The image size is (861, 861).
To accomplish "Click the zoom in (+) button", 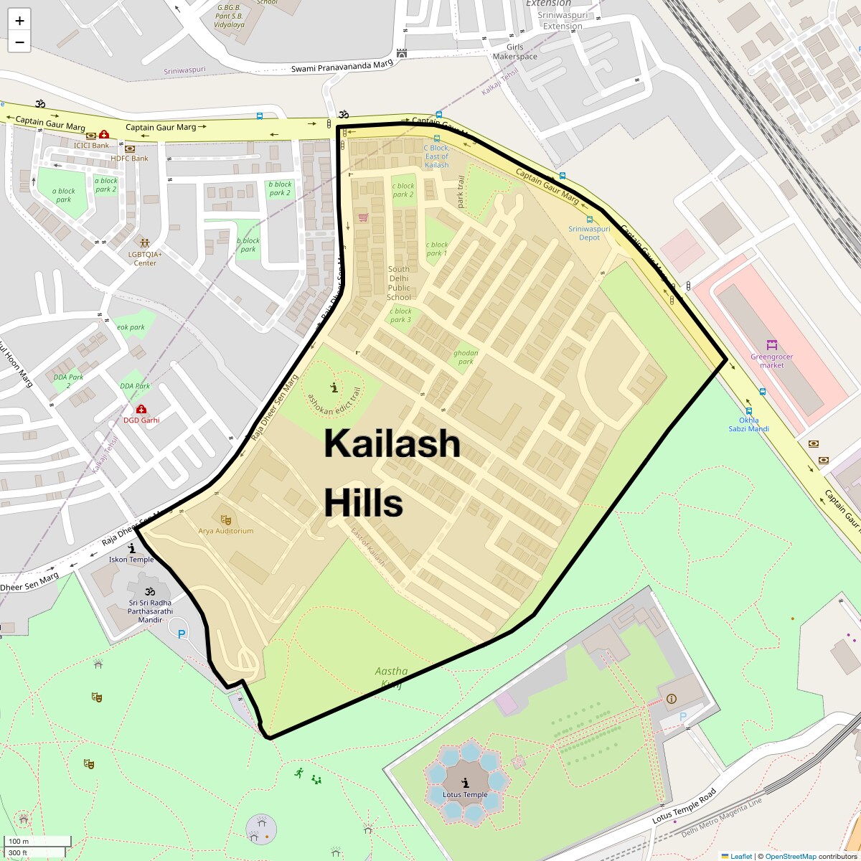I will (19, 21).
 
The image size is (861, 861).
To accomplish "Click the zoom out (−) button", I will (19, 42).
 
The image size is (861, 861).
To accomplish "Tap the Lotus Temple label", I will (465, 794).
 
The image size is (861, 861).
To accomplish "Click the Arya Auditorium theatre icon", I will (226, 519).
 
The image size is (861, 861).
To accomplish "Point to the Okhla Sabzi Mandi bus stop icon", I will (748, 412).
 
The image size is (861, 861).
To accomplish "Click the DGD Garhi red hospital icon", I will (141, 410).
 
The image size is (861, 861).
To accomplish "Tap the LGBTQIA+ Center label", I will (145, 258).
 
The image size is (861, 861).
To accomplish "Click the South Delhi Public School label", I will (399, 283).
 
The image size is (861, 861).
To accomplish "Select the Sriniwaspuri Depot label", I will (589, 233).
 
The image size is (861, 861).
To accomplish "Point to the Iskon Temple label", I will (131, 560).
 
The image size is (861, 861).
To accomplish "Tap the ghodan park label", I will (466, 357).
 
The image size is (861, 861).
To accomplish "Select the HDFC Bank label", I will (130, 158).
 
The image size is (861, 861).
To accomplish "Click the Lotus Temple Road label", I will (684, 806).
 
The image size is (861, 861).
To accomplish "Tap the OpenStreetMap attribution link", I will (790, 856).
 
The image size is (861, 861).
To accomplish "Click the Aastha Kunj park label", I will (391, 677).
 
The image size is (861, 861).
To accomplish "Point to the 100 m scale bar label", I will (19, 842).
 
